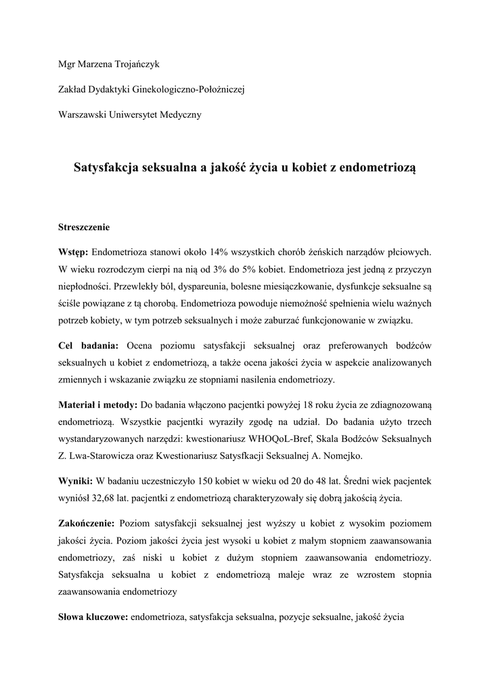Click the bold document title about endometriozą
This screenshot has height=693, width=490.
coord(245,167)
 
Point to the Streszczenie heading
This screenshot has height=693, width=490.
coord(84,227)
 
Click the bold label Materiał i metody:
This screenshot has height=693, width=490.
coord(97,405)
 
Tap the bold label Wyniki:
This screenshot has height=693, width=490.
coord(76,481)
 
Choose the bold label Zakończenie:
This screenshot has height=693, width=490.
coord(87,524)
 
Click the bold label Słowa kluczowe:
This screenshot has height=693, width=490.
coord(93,617)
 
